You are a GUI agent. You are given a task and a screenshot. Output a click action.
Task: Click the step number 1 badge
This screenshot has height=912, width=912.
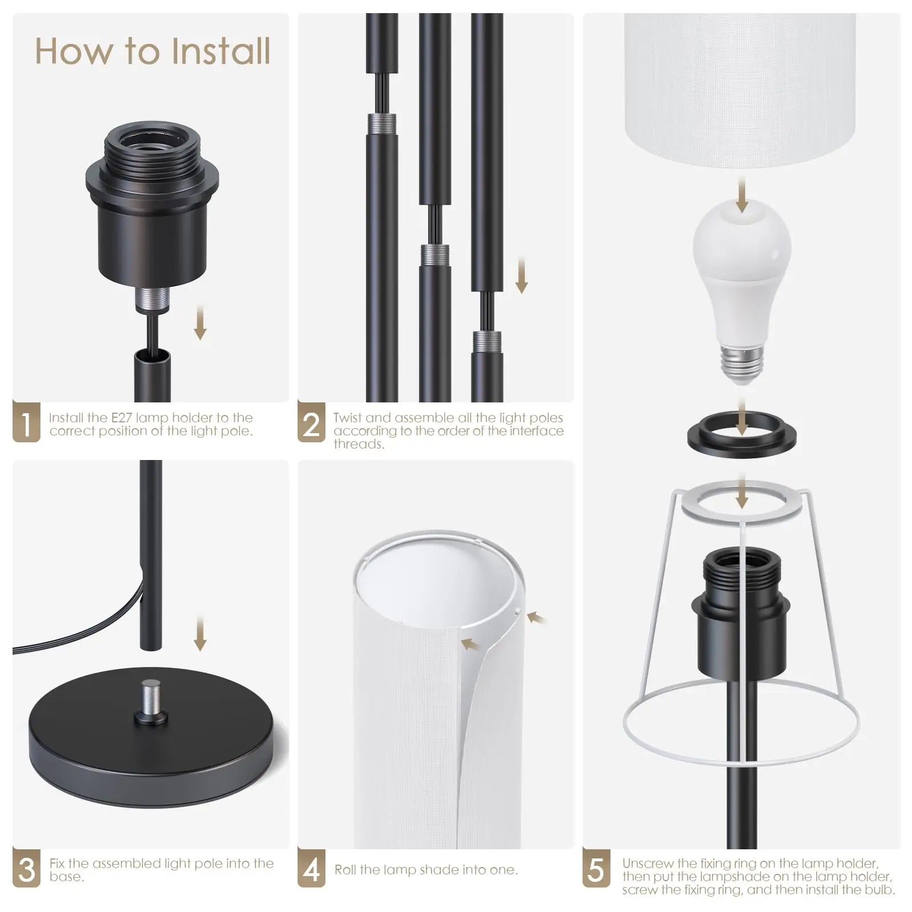(x=26, y=422)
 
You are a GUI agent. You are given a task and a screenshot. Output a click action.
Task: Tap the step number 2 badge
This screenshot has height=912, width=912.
(x=311, y=422)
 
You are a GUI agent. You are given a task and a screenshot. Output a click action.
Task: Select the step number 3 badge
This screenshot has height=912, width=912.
(x=26, y=868)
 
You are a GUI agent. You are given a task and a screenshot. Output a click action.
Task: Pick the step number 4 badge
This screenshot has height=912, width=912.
(x=311, y=868)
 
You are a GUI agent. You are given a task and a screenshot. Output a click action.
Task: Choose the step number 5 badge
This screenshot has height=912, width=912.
(x=596, y=868)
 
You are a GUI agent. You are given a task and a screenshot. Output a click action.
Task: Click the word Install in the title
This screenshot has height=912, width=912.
(x=221, y=51)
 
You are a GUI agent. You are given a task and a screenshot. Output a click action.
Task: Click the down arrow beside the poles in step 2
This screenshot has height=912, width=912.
(x=521, y=275)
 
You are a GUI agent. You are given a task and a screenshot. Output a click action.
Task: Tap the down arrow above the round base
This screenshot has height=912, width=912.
(x=199, y=633)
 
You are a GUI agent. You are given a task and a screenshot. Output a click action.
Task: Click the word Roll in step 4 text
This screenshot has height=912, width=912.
(x=345, y=870)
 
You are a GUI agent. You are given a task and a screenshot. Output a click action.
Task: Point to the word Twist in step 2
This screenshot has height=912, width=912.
(x=348, y=418)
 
